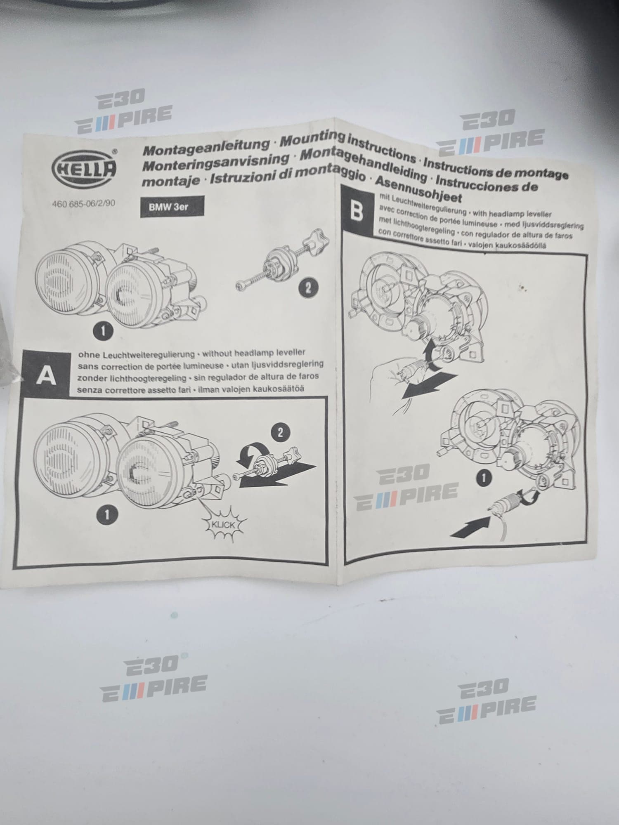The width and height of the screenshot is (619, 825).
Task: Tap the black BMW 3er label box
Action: click(171, 206)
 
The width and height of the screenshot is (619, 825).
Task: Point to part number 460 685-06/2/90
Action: click(84, 204)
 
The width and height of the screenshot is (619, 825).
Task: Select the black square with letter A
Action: click(46, 375)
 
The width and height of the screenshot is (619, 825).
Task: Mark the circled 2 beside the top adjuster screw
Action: click(308, 287)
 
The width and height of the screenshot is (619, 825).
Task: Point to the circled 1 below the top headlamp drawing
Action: click(104, 331)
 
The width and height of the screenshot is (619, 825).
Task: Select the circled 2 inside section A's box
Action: click(281, 432)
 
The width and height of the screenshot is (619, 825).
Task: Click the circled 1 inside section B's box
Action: click(484, 478)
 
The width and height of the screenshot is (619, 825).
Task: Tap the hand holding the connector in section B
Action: click(388, 375)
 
